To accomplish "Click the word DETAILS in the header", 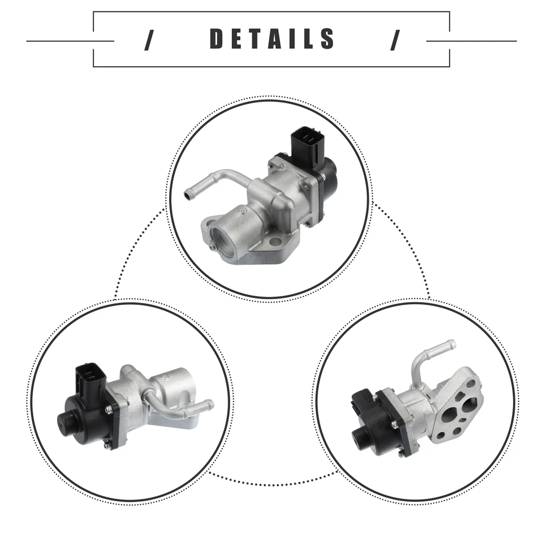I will coord(272,39).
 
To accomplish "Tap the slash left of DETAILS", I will coord(149,40).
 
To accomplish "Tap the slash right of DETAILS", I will coord(395,40).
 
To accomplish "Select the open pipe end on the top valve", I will coord(188,195).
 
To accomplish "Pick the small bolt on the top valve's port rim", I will coord(210,247).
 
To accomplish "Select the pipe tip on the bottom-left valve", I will coord(210,404).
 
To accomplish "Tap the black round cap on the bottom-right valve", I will coord(360,436).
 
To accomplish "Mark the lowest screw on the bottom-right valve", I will coord(400,454).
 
